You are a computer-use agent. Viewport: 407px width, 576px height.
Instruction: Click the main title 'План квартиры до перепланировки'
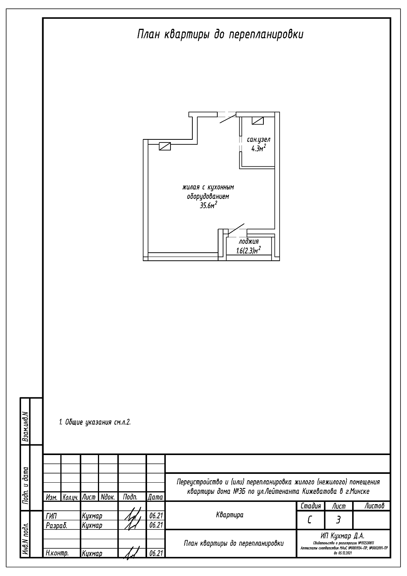(220, 35)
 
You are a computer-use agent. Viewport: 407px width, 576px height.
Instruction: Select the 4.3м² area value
(258, 149)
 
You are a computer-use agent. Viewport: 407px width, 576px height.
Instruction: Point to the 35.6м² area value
(208, 205)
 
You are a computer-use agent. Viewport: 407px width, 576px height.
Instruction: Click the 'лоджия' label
(249, 242)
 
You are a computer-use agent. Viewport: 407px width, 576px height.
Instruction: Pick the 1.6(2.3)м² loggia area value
(248, 251)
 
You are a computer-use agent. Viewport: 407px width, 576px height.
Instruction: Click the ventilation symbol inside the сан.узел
(258, 121)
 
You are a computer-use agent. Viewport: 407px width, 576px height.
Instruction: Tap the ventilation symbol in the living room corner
(165, 146)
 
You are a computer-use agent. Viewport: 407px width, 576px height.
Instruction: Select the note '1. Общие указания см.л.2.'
(95, 422)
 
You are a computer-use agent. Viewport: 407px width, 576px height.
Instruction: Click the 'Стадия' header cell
(311, 506)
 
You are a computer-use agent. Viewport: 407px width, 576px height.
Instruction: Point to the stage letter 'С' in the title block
(310, 520)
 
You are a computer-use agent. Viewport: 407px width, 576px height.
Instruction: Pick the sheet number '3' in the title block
(338, 520)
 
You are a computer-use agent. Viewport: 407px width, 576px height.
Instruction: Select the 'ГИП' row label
(51, 516)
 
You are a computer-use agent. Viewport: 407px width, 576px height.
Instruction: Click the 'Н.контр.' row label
(57, 553)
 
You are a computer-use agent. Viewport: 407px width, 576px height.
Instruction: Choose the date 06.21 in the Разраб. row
(156, 525)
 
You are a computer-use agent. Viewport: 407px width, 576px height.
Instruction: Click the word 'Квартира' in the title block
(230, 515)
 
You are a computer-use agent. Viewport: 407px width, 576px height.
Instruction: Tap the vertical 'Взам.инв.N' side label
(25, 422)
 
